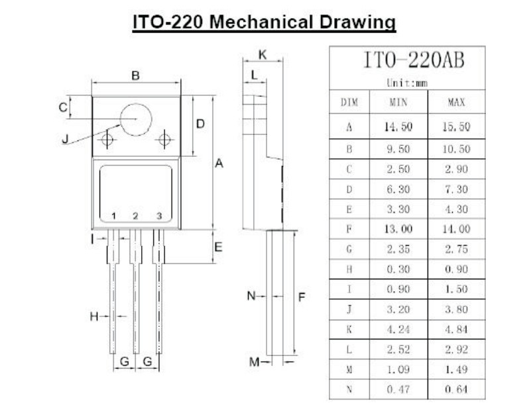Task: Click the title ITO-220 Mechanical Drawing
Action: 264,21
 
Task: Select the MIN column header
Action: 398,103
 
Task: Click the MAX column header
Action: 456,103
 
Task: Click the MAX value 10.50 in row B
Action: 456,149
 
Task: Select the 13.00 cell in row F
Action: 398,229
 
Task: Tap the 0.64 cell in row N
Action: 456,389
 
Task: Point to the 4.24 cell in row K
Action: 398,329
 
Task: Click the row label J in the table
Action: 349,309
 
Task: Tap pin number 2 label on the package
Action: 135,216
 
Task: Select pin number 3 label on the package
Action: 158,216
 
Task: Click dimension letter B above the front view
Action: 135,75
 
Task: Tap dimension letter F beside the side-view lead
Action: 301,297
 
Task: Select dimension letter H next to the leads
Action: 94,317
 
